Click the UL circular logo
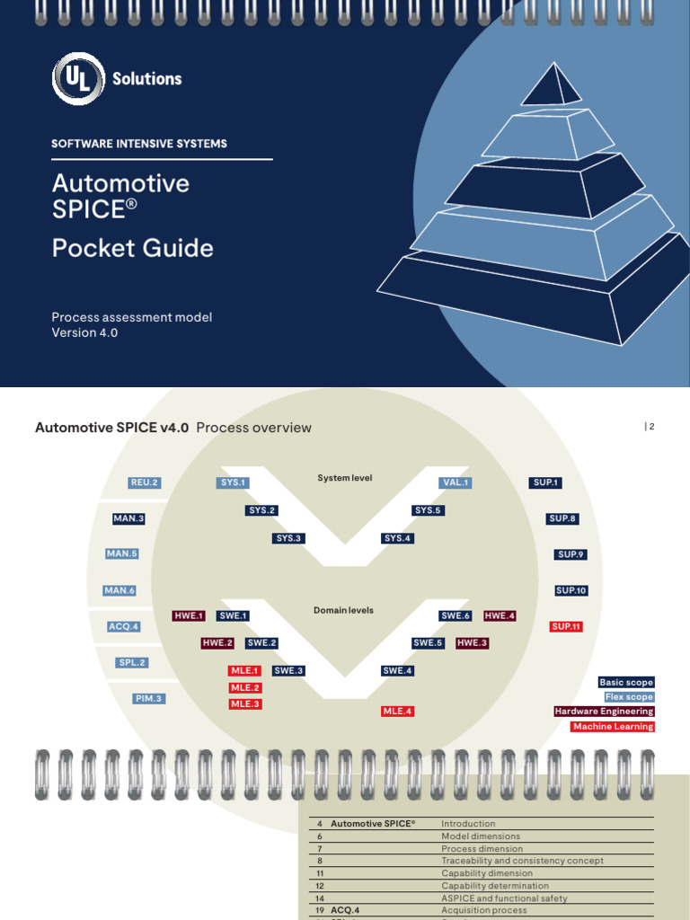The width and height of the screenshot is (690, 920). tap(80, 79)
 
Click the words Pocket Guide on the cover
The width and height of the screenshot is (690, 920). tap(133, 248)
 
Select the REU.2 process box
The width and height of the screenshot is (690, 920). tap(144, 482)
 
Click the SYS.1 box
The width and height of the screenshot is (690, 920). tap(233, 482)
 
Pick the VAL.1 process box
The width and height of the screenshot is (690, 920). tap(456, 482)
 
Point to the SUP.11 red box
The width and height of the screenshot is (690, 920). tap(567, 626)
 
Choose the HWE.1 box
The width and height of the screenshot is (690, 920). tap(190, 615)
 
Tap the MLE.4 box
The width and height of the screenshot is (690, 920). tap(397, 711)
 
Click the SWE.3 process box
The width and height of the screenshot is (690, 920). tap(288, 670)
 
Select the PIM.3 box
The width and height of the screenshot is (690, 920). tap(148, 698)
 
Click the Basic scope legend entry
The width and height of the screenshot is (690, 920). tap(626, 683)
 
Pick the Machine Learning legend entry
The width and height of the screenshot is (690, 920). tap(613, 726)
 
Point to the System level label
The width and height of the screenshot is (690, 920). tap(344, 478)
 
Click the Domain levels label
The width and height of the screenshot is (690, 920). tap(343, 610)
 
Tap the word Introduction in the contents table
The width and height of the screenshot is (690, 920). tap(468, 823)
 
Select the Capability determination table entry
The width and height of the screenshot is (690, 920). tap(495, 886)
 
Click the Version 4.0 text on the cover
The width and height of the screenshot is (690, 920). tap(84, 332)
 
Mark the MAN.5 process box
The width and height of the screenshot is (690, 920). tap(122, 553)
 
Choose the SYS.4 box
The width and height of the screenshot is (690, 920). tap(397, 538)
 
